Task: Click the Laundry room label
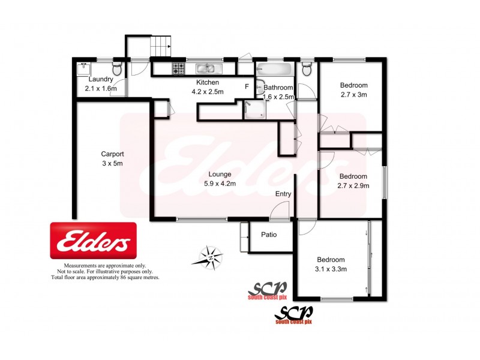[101, 79]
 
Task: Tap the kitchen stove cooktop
[178, 68]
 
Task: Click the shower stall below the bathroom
[254, 110]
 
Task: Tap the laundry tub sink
[84, 69]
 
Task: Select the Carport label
[112, 154]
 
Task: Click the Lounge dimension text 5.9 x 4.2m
[220, 184]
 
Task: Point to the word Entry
[283, 194]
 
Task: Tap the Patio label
[268, 234]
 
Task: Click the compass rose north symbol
[211, 257]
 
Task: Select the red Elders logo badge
[93, 242]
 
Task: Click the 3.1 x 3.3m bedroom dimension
[331, 269]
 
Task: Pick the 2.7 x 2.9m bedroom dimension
[353, 185]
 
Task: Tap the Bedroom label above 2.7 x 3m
[353, 85]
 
